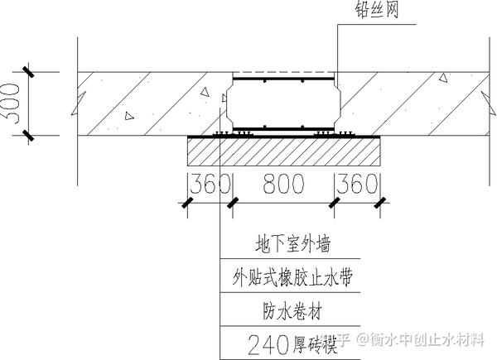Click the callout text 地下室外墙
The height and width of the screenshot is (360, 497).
click(285, 246)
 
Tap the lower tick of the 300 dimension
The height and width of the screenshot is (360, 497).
click(27, 135)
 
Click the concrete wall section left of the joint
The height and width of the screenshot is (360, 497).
click(149, 103)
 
